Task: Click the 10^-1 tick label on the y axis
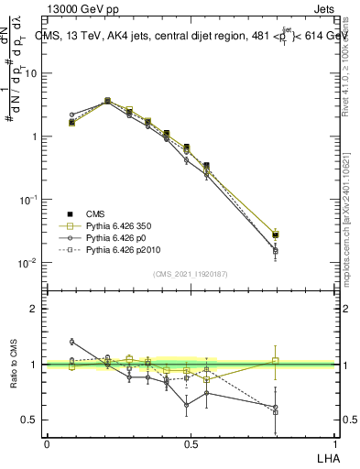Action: click(x=30, y=199)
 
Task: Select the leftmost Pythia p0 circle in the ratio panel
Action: click(x=72, y=342)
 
